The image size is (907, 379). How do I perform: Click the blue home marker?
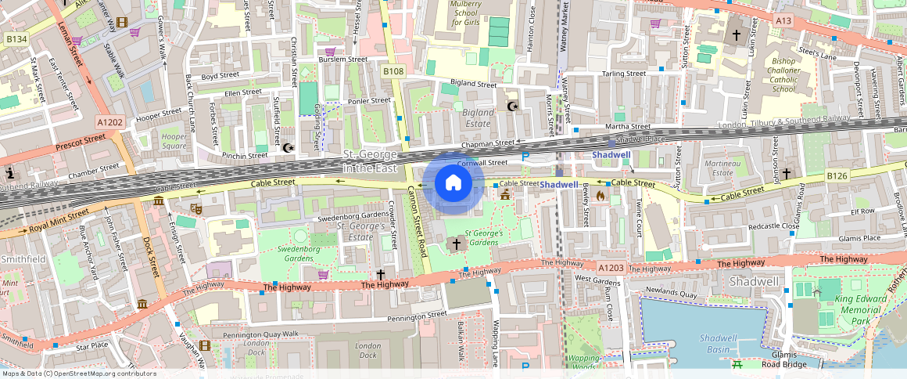coord(453,184)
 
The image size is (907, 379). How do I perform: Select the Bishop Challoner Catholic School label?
coord(772,74)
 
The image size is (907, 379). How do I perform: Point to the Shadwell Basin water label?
coord(719,343)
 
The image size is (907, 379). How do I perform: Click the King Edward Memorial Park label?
coord(859,310)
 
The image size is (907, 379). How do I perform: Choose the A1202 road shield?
coord(110,122)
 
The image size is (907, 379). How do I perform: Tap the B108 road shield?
coord(393,71)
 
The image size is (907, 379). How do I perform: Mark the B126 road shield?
coord(838,177)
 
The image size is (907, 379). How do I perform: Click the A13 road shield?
coord(783,18)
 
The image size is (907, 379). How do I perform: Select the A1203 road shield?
coord(611,268)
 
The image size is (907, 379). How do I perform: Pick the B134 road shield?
coord(16,38)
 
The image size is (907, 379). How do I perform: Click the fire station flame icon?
coord(600,196)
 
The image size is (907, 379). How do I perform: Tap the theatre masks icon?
coord(195,208)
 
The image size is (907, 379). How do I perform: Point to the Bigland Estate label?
coord(479,117)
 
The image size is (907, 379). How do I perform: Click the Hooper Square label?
coord(174,141)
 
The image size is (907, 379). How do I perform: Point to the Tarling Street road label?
coord(623,74)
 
